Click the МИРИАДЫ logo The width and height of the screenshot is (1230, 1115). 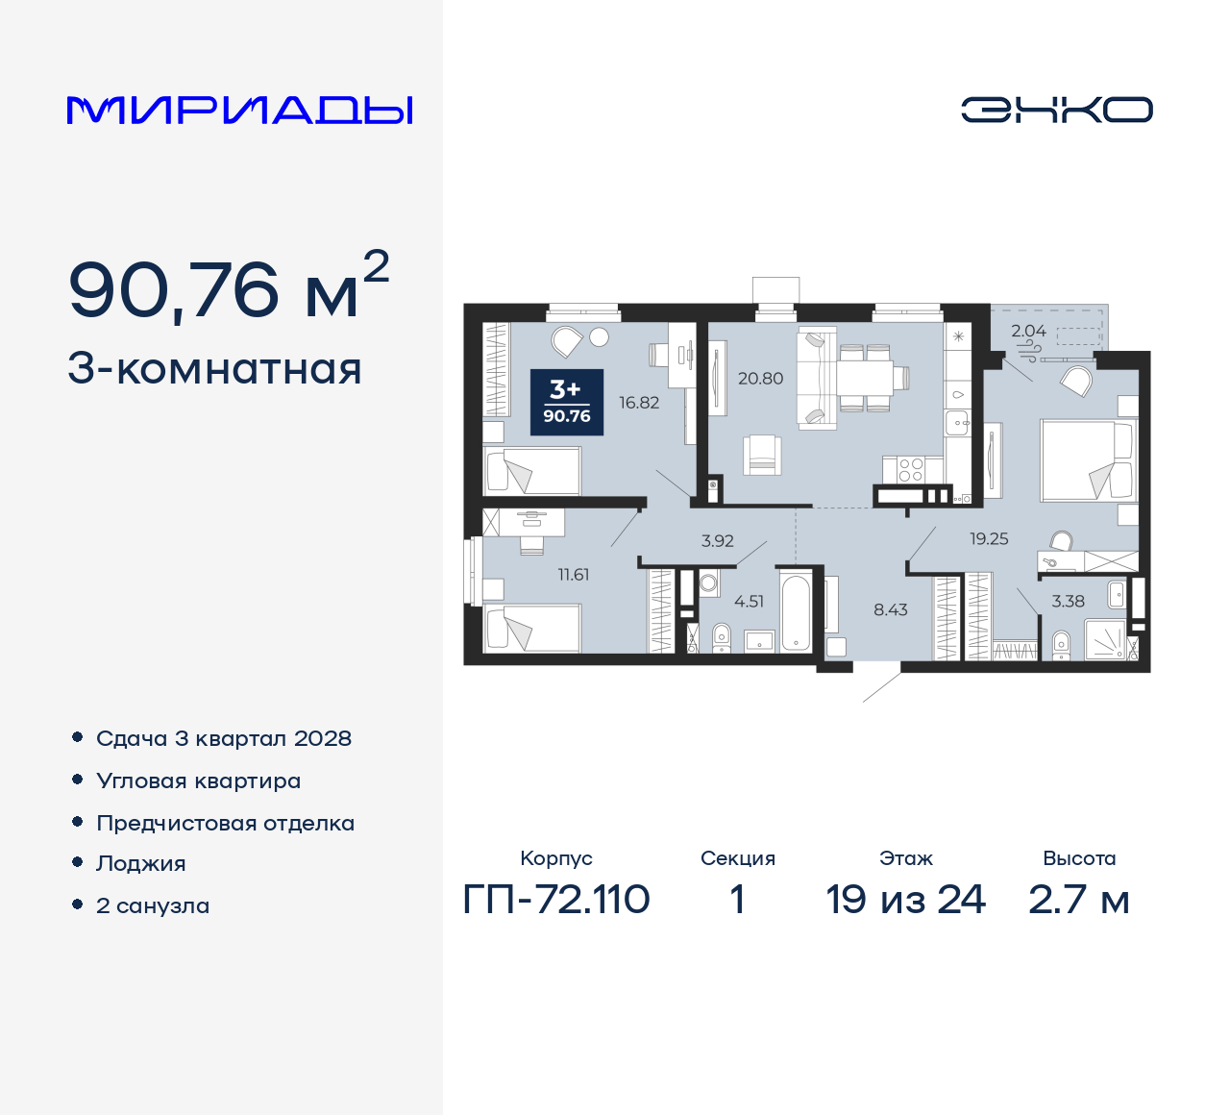coord(239,111)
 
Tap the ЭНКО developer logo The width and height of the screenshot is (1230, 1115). coord(1056,110)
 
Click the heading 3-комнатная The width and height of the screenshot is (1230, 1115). coord(214,369)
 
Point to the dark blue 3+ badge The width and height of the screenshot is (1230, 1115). coord(567,402)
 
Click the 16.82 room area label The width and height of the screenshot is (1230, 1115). coord(639,403)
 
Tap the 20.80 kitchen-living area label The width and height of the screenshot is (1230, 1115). coord(760,379)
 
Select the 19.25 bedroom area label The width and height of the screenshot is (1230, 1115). coord(989,539)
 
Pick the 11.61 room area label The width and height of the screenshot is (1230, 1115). coord(574,575)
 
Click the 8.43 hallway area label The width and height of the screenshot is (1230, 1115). coord(890,609)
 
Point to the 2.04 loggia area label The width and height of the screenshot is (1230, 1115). coord(1028,331)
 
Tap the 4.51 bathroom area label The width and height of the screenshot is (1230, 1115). coord(749,602)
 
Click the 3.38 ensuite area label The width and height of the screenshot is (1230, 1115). coord(1068,602)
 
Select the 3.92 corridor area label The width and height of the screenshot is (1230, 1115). coord(717,541)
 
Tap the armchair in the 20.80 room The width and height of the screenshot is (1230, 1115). coord(761,454)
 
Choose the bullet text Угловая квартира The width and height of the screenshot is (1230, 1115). coord(199,781)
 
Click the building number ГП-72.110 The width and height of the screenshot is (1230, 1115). coord(556,900)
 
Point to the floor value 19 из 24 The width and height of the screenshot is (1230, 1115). coord(905,900)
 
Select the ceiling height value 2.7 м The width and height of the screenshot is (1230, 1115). coord(1078,900)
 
